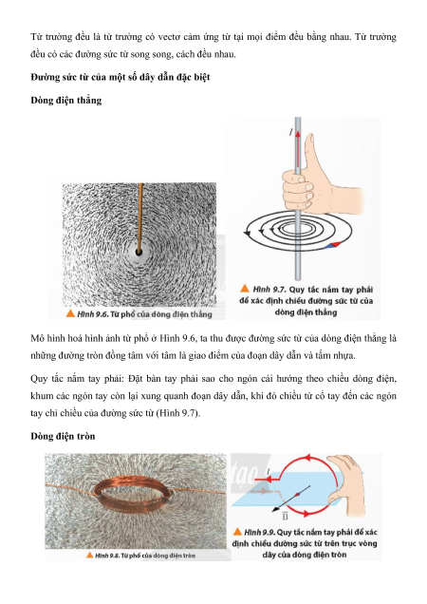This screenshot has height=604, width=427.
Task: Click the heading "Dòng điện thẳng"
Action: pos(66,100)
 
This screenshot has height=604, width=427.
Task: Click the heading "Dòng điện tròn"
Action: pos(63,436)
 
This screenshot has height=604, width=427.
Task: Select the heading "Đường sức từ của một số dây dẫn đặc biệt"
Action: pos(121,77)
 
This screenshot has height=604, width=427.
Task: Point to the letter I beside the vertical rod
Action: pos(291,132)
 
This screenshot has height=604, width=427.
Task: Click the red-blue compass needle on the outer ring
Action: pos(333,245)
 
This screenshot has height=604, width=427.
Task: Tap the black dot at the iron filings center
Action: pos(139,253)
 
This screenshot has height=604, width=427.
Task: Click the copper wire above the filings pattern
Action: pos(140,217)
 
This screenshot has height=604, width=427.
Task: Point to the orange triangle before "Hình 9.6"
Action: pos(70,313)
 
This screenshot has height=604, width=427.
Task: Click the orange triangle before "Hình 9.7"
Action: pos(245,289)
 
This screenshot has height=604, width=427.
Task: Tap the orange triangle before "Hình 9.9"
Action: pos(237,532)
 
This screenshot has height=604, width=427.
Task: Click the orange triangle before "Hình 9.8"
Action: pos(90,555)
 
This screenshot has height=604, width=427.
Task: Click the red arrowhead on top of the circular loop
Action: pos(308,458)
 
